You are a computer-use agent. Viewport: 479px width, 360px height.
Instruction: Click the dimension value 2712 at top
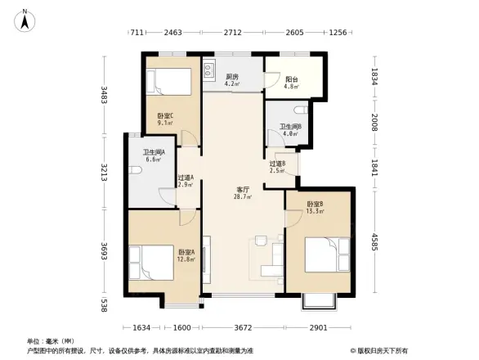click(x=233, y=32)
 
